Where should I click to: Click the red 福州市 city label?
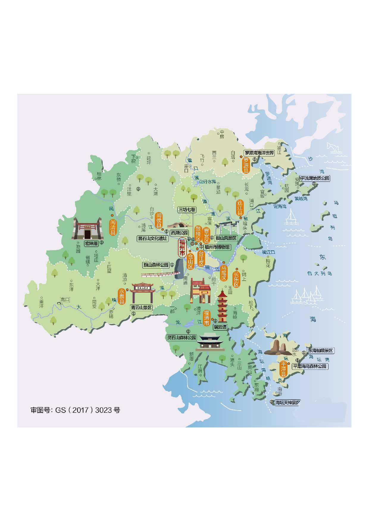[x=182, y=247]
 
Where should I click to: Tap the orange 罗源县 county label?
[x=246, y=165]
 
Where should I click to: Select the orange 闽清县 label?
[x=113, y=227]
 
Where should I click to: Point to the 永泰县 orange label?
[x=122, y=296]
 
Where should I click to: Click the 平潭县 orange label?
[x=283, y=369]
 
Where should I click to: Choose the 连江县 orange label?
[x=240, y=207]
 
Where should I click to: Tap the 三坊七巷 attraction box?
[x=187, y=209]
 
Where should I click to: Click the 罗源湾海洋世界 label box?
[x=259, y=153]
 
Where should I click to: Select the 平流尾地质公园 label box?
[x=315, y=178]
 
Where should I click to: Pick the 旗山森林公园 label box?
[x=156, y=265]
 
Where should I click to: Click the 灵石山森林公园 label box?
[x=182, y=337]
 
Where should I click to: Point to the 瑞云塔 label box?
[x=220, y=327]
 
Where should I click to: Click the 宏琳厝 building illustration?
[x=87, y=229]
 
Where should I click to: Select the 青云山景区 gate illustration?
[x=143, y=293]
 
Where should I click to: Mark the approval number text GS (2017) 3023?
[x=75, y=410]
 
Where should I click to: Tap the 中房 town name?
[x=222, y=134]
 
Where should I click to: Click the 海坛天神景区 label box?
[x=287, y=402]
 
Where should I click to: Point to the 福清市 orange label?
[x=207, y=318]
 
